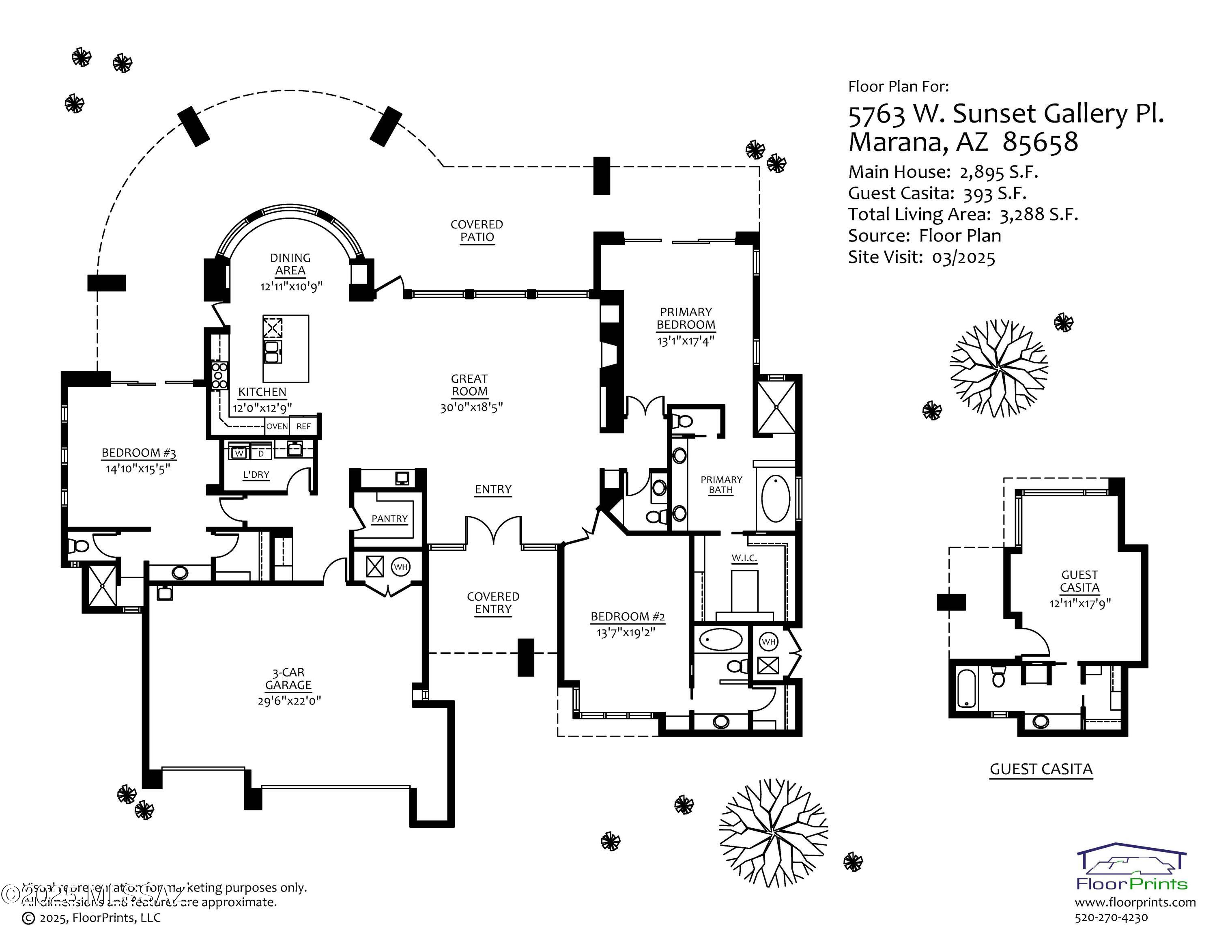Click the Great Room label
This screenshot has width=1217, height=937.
[x=469, y=385]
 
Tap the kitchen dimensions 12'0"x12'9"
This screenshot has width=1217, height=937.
[x=262, y=408]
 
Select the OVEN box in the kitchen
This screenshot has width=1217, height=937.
[x=277, y=426]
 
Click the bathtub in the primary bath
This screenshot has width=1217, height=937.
[x=775, y=498]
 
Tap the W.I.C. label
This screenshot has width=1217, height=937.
[x=744, y=558]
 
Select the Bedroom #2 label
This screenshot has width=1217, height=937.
[x=628, y=616]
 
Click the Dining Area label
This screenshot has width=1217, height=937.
[x=290, y=264]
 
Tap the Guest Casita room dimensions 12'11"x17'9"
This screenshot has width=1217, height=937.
[x=1079, y=603]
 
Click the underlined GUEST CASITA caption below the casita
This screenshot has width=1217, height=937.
[x=1041, y=769]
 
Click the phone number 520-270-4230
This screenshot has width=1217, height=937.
[x=1111, y=918]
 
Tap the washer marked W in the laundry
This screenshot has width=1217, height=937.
[x=239, y=453]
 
